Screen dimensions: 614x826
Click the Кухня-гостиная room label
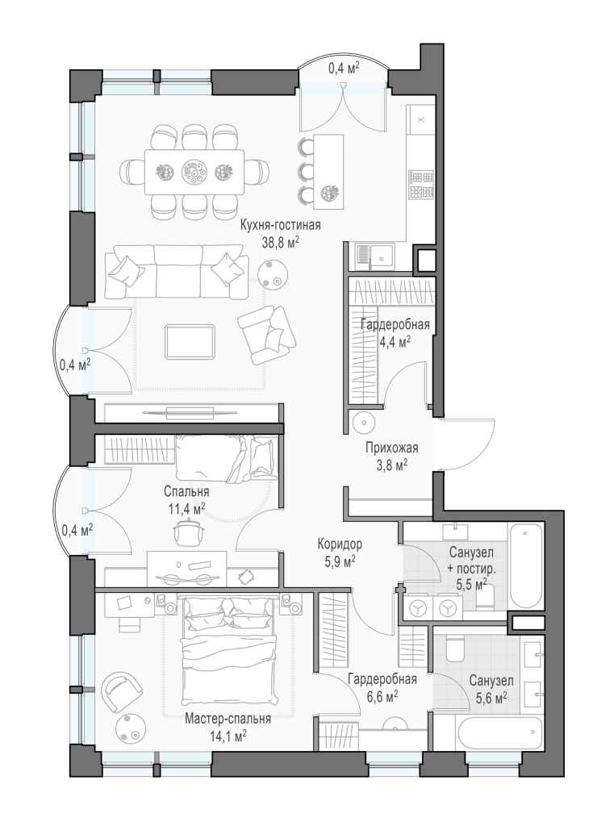click(x=281, y=226)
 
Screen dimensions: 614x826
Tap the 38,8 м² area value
click(x=281, y=242)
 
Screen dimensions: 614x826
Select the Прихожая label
click(x=392, y=448)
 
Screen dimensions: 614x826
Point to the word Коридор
click(x=340, y=543)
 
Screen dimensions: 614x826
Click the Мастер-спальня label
click(x=228, y=719)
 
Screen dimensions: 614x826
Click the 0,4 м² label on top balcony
click(x=345, y=68)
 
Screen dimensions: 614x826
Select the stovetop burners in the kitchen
click(x=421, y=184)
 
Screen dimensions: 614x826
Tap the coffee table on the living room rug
click(x=190, y=341)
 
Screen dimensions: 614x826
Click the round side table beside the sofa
click(x=274, y=273)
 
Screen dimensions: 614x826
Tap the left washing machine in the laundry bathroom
click(x=419, y=608)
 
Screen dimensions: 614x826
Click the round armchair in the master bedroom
click(x=123, y=691)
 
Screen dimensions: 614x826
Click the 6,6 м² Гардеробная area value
click(x=382, y=696)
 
